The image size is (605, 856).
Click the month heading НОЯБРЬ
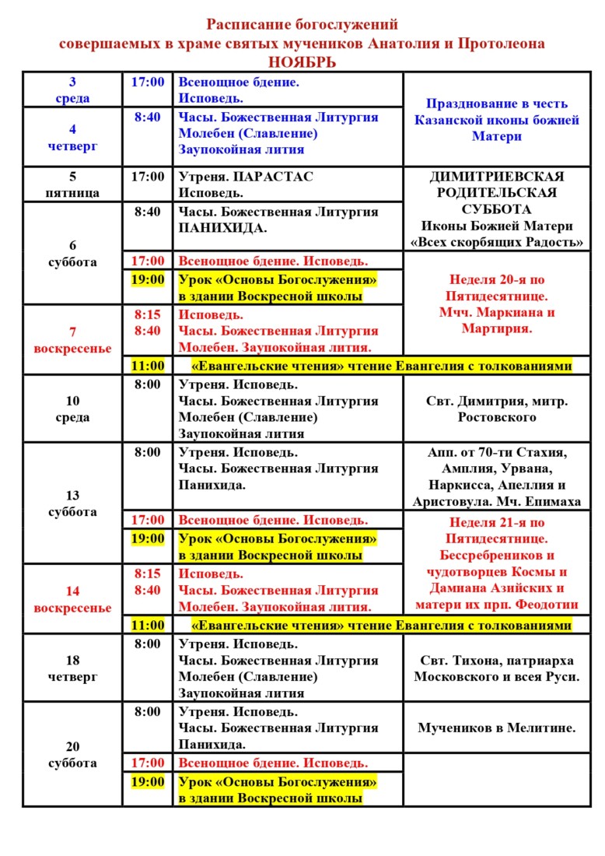tap(302, 62)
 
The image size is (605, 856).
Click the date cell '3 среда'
tap(72, 90)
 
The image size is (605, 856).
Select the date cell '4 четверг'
tap(72, 137)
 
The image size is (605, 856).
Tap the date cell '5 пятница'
tap(72, 184)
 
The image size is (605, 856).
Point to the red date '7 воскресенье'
tap(72, 340)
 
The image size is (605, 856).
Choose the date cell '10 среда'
tap(72, 409)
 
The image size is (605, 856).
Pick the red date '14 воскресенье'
tap(72, 599)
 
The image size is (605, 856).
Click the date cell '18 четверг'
tap(72, 668)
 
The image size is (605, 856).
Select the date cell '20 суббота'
tap(72, 755)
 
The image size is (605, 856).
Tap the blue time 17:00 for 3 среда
tap(147, 82)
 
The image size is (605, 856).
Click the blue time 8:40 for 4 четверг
tap(147, 117)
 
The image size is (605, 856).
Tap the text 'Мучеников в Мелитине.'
tap(496, 728)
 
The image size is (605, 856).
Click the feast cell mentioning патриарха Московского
tap(496, 668)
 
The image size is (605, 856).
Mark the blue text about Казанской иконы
tap(496, 120)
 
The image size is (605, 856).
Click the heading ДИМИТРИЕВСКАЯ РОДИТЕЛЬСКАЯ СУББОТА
tap(496, 193)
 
